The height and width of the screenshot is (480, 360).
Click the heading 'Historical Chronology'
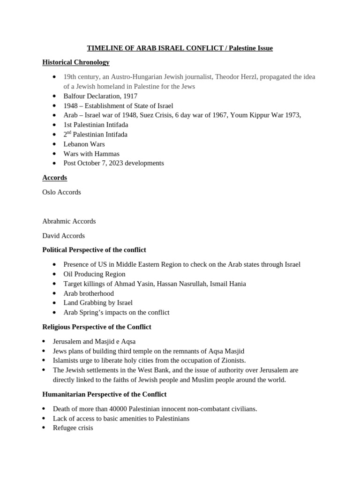tap(75, 62)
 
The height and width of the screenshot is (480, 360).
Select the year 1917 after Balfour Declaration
tap(129, 96)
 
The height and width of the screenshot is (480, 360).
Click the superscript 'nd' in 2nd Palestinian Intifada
tap(70, 133)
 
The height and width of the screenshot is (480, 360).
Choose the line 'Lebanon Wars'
tap(84, 144)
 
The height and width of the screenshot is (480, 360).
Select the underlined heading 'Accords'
tap(54, 178)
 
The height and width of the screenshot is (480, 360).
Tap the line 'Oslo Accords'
tap(61, 192)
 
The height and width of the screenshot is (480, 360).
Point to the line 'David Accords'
tap(63, 236)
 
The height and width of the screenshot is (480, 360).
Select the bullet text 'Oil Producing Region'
tap(94, 274)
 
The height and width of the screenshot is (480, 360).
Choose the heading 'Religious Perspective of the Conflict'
tap(97, 327)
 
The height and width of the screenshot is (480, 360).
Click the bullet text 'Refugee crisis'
tap(73, 428)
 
